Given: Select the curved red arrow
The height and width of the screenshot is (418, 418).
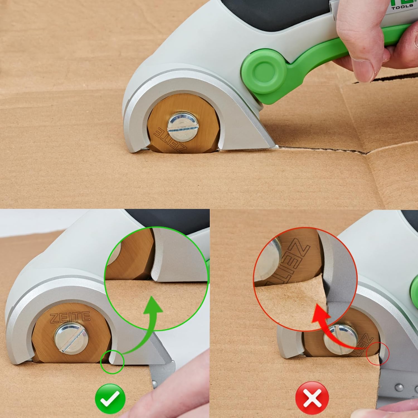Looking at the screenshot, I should (334, 329).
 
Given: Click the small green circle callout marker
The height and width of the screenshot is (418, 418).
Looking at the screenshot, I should (112, 362).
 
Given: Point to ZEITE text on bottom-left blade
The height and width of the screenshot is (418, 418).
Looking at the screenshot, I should (70, 317).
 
